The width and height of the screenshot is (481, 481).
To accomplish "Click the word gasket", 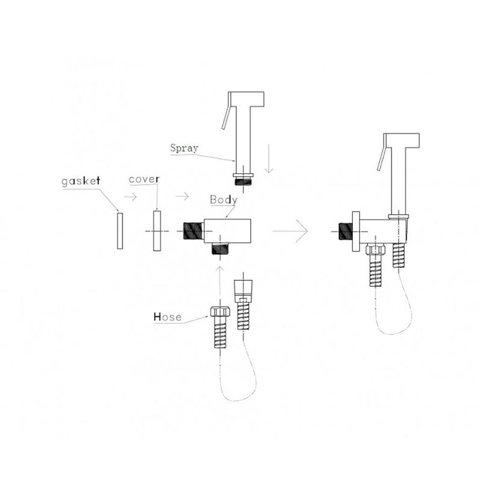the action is tap(81, 181).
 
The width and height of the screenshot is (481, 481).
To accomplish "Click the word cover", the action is tap(144, 179).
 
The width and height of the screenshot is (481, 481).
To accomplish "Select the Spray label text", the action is tap(184, 148).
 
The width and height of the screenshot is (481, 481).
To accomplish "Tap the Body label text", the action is tap(224, 199).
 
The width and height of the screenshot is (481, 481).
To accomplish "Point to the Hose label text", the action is tap(168, 317).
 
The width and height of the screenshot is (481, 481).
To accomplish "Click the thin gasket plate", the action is tap(120, 231).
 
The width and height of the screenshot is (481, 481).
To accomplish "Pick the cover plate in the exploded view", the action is tap(157, 231).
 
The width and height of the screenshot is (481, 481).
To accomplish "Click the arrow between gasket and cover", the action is tap(130, 197).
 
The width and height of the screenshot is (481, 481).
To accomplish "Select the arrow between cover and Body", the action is tap(182, 196).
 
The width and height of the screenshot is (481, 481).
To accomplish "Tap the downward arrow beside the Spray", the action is tap(269, 158).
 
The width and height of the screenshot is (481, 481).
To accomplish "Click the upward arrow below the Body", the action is tap(220, 282).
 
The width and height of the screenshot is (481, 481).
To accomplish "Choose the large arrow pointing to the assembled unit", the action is tap(290, 231).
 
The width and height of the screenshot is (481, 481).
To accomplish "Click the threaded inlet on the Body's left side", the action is tap(193, 231).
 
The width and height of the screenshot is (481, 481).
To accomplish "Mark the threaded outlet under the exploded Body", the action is tap(220, 248).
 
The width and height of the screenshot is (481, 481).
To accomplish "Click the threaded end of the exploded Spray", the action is tap(243, 181).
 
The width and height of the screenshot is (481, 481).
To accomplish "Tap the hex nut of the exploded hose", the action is tap(220, 312).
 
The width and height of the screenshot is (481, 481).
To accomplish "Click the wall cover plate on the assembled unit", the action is tap(356, 231).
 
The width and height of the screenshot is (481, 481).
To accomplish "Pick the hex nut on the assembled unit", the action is tap(375, 249).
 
